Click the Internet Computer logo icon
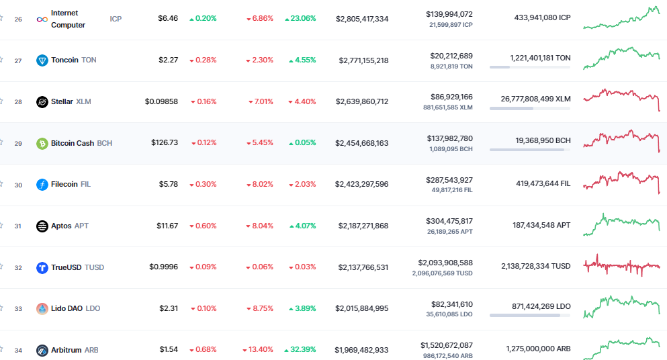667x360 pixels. (x=42, y=19)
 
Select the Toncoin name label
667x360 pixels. (x=64, y=60)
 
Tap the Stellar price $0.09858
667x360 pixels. (x=161, y=102)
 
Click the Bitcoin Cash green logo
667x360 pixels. (x=42, y=143)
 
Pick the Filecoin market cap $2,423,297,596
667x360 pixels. (x=362, y=185)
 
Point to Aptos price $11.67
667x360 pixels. (x=167, y=226)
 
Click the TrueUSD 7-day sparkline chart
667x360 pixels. (x=622, y=266)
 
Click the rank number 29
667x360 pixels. (x=18, y=144)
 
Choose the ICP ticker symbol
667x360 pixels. (x=116, y=19)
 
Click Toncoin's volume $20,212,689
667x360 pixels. (x=450, y=55)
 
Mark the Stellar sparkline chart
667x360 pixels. (x=622, y=99)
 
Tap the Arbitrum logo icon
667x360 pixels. (x=42, y=350)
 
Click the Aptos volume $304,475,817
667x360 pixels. (x=449, y=221)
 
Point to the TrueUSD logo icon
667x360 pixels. (x=42, y=267)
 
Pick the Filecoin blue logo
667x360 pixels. (x=42, y=185)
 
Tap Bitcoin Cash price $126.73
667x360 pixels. (x=165, y=143)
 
